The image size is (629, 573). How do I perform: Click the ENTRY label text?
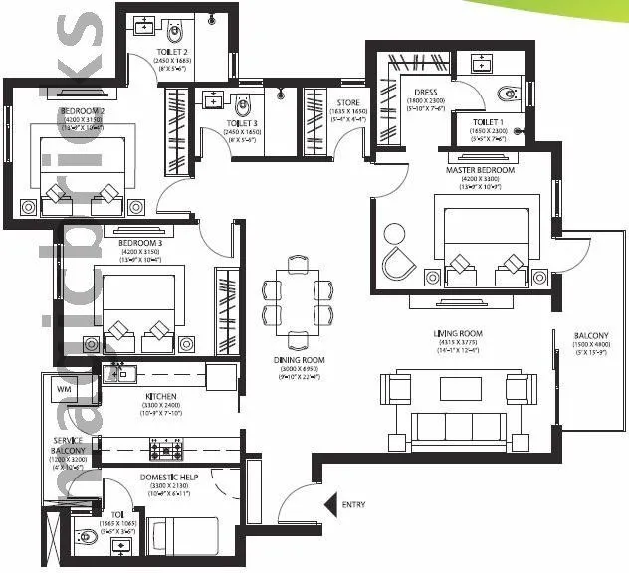pyautogui.click(x=353, y=505)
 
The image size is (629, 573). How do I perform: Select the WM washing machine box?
pyautogui.click(x=64, y=388)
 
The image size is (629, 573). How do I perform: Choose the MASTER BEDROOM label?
pyautogui.click(x=480, y=170)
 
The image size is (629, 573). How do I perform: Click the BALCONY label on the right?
pyautogui.click(x=591, y=335)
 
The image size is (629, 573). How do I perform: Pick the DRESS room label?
pyautogui.click(x=425, y=92)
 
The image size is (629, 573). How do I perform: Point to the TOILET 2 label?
pyautogui.click(x=172, y=49)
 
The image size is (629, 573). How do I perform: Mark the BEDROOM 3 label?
pyautogui.click(x=139, y=243)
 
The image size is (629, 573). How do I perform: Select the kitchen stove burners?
pyautogui.click(x=162, y=451)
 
